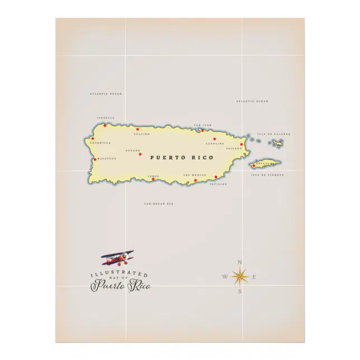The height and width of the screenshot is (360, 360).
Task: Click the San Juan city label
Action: point(203,125)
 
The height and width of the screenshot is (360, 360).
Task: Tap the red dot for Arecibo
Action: point(138,129)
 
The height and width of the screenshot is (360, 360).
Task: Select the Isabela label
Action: point(105,118)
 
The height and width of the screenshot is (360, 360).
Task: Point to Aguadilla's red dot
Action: point(93,139)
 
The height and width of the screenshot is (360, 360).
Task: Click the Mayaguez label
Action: point(106,158)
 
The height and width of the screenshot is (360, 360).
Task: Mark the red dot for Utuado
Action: point(140,154)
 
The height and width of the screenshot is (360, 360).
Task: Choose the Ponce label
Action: point(153,176)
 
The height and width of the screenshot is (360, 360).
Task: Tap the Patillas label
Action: point(218,183)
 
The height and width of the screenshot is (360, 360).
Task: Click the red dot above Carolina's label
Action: point(214,139)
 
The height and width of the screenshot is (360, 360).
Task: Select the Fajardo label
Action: point(234,149)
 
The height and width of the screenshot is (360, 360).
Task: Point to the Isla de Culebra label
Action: point(274,134)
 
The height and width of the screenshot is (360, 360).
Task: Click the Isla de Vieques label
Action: point(267,175)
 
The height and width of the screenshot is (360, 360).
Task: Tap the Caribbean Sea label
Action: point(159,204)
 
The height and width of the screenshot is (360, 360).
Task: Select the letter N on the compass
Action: point(240,262)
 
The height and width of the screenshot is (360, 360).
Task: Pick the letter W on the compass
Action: point(225,277)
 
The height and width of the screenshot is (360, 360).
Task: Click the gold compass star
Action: point(240,276)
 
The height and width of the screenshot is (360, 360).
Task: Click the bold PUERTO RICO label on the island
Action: point(182,158)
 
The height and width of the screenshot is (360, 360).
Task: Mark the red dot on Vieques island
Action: point(254,165)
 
